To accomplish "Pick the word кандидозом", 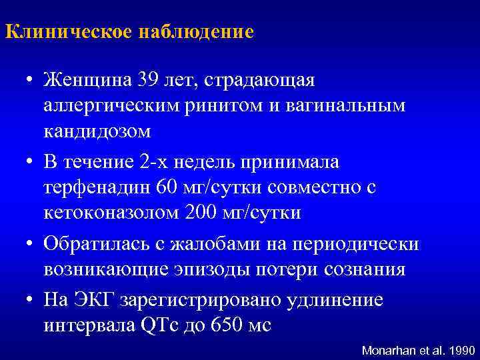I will point(98,131).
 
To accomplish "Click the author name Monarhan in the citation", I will point(387,349).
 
